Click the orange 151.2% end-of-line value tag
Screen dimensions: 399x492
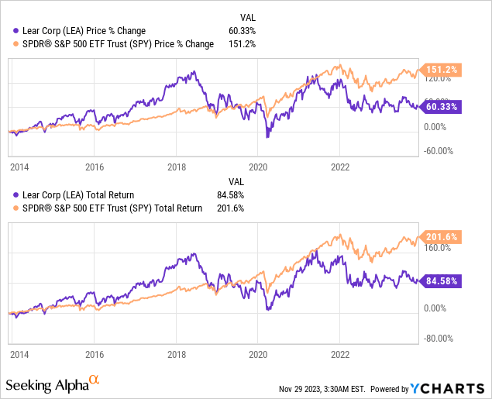coord(442,69)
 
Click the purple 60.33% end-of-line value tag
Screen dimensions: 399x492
coord(442,107)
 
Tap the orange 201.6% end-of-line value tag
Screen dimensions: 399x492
coord(442,236)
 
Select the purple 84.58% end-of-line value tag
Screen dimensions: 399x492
coord(442,280)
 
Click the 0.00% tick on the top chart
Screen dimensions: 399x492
coord(437,127)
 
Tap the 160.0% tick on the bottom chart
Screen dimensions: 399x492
coord(437,249)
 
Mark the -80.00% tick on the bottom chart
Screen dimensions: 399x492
coord(439,338)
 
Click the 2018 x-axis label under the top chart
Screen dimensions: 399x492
coord(177,166)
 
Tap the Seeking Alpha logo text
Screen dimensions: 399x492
coord(52,384)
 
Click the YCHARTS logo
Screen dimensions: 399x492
coord(449,388)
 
